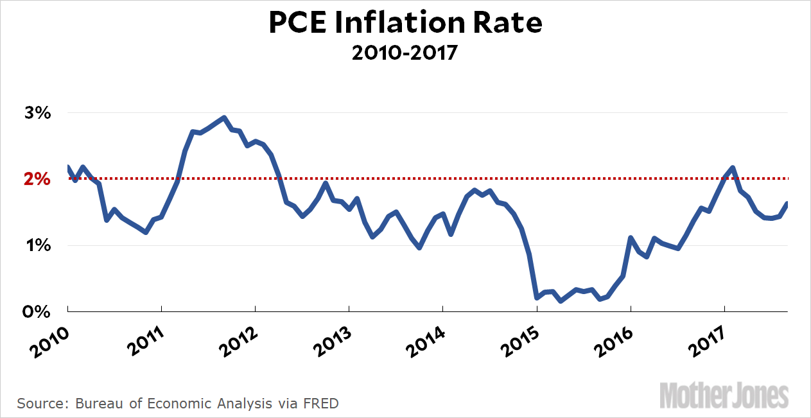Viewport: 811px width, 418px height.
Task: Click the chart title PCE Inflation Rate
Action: (405, 23)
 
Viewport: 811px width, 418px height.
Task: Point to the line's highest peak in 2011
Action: (223, 118)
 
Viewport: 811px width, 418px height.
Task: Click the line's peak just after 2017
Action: (733, 168)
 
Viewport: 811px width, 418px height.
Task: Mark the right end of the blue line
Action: (787, 204)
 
